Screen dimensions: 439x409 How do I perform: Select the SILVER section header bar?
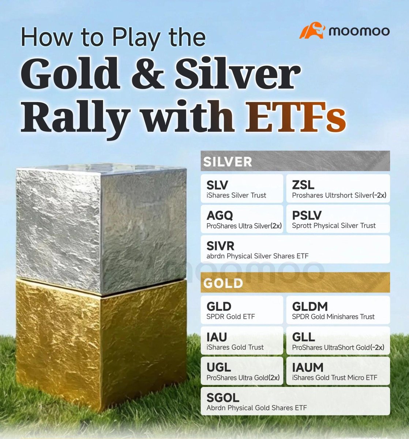tap(295, 161)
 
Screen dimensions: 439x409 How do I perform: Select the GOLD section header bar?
tap(295, 283)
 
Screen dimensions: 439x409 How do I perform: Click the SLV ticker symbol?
tap(217, 185)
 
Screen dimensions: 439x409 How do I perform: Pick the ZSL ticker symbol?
tap(303, 185)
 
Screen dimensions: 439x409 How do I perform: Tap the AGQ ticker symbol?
tap(219, 215)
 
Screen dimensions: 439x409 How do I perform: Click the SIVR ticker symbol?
tap(220, 246)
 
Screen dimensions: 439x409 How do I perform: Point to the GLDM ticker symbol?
tap(310, 307)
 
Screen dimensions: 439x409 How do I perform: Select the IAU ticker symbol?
tap(217, 337)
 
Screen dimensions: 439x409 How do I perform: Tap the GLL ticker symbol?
tap(303, 337)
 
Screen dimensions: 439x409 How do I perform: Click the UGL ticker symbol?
tap(218, 367)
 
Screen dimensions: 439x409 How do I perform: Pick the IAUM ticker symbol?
tap(308, 367)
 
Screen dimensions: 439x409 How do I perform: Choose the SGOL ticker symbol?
tap(223, 398)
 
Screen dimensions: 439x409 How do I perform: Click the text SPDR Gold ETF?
tap(230, 316)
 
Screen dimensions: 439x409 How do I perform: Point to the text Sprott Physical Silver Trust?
tap(334, 226)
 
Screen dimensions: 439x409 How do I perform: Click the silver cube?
tap(101, 227)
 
